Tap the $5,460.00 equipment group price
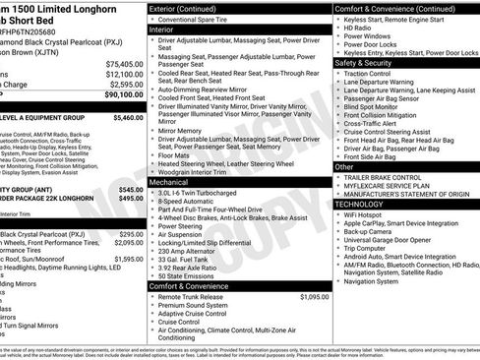[129, 116]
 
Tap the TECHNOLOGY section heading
[363, 203]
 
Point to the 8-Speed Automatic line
[191, 203]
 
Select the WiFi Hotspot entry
[370, 213]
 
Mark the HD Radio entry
[362, 29]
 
